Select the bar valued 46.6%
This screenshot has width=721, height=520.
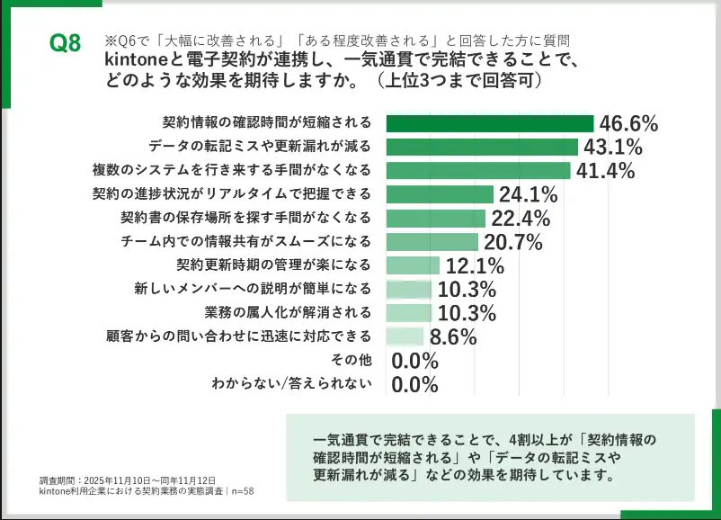coord(490,123)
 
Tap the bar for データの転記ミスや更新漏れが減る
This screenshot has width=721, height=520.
coord(482,147)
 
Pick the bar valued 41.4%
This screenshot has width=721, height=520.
coord(478,171)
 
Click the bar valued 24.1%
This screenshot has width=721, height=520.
coord(440,194)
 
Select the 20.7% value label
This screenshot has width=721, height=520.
coord(512,241)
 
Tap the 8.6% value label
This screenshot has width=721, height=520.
coord(452,337)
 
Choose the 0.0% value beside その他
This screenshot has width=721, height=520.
coord(415,361)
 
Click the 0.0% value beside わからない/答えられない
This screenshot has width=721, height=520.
coord(415,385)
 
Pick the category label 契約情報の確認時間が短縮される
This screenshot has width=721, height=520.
coord(266,122)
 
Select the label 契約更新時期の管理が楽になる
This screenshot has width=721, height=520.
coord(273,265)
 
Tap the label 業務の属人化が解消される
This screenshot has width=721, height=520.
coord(289,313)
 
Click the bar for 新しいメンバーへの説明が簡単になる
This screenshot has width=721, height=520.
coord(409,290)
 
